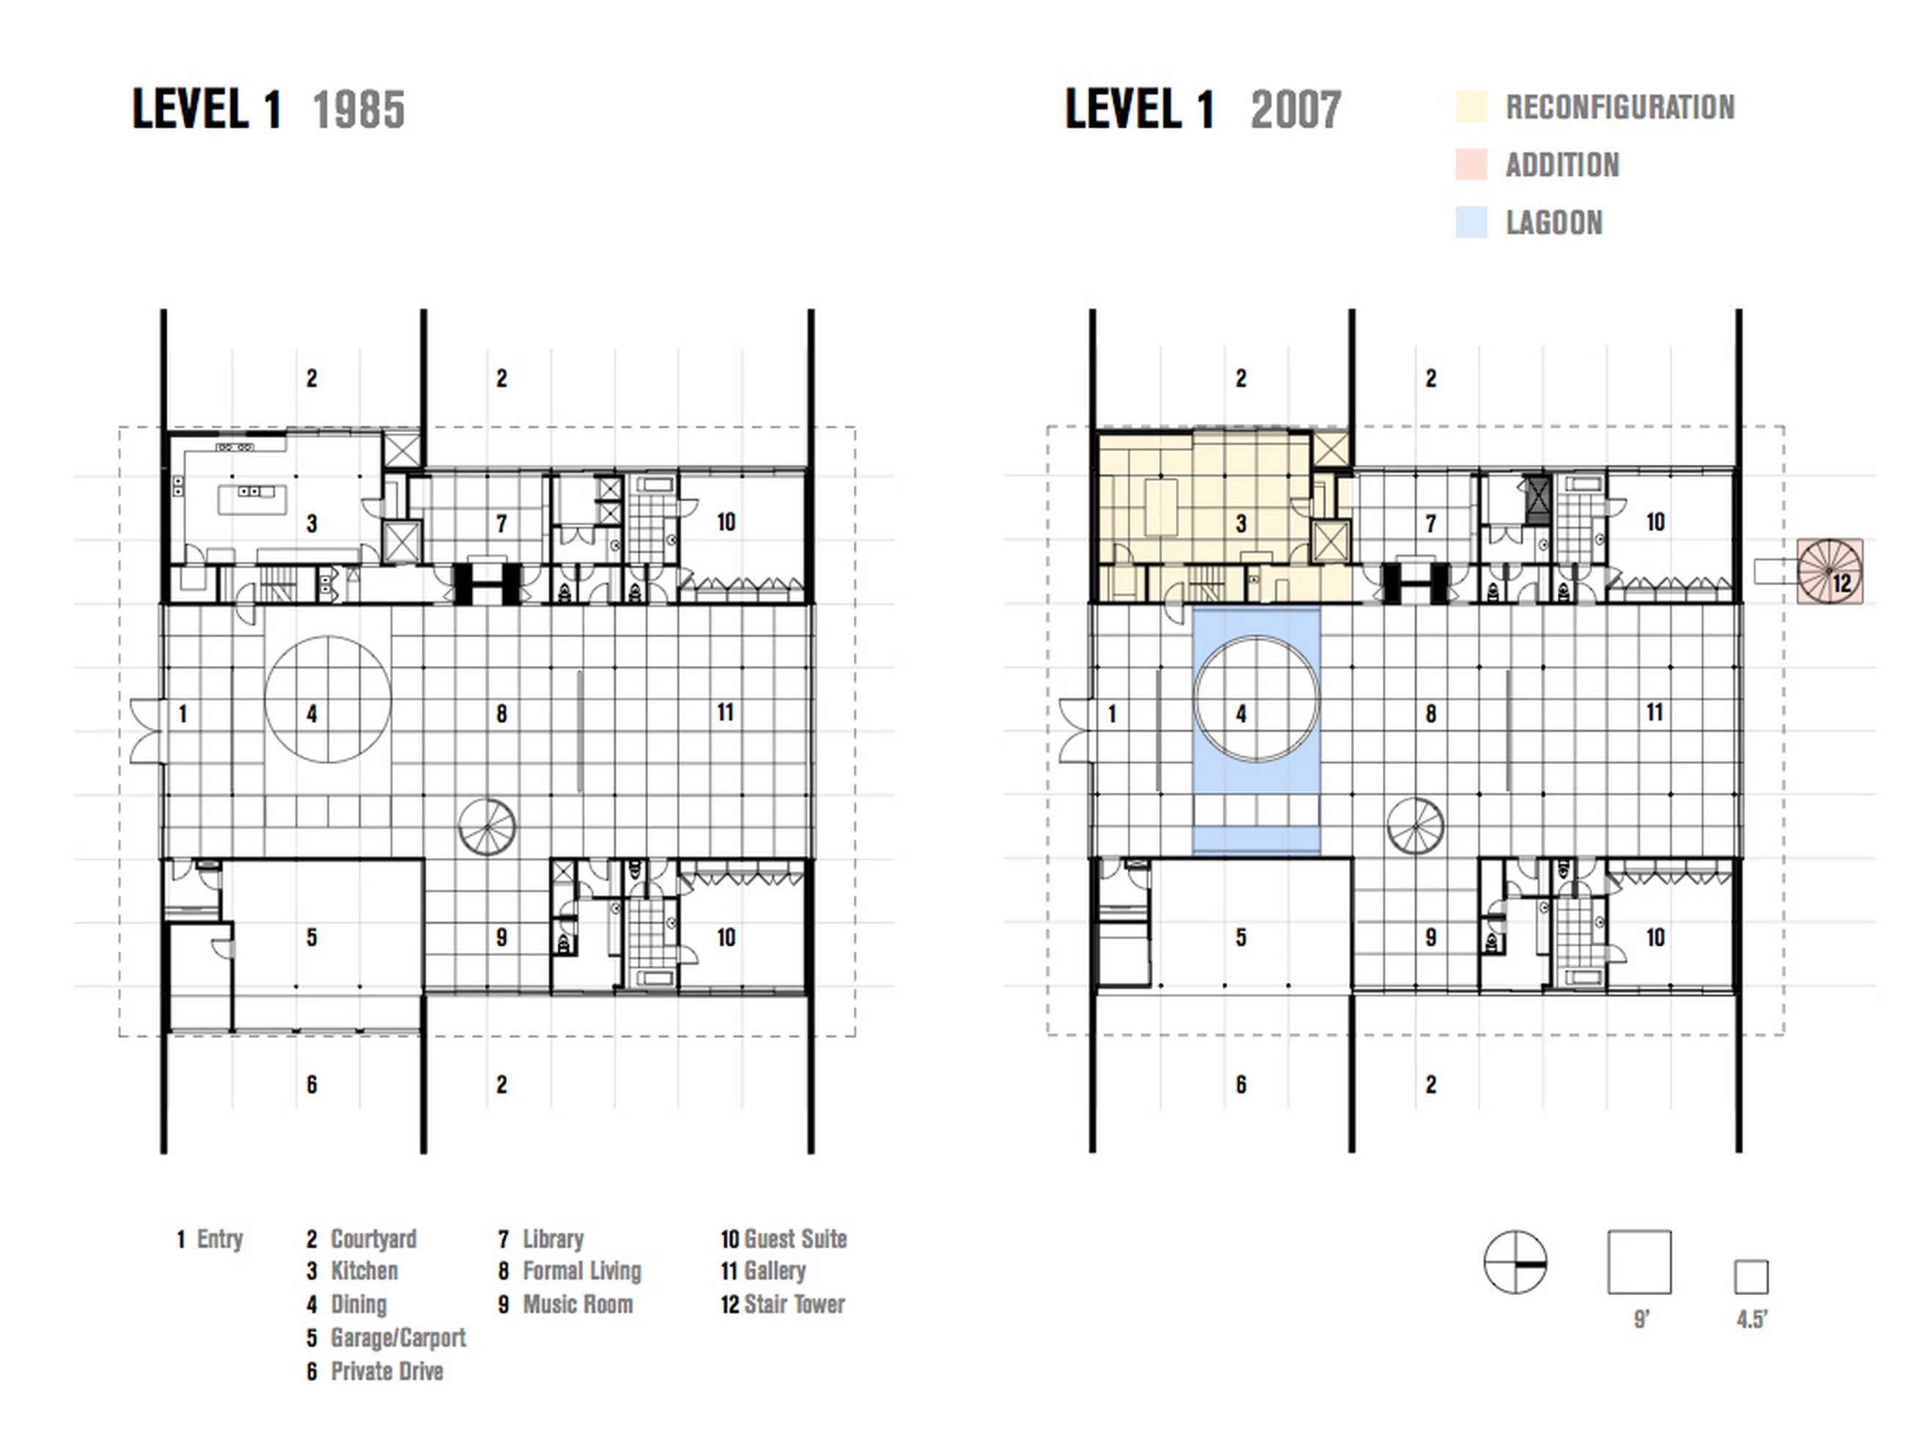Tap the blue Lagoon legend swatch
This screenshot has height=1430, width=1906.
[x=1471, y=222]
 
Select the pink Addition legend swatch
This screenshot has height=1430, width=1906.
[x=1471, y=165]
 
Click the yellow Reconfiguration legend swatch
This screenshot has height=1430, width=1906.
[x=1471, y=107]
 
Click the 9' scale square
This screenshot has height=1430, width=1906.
[x=1639, y=1262]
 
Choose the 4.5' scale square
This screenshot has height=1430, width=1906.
[x=1751, y=1277]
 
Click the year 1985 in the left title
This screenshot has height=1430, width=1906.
[x=358, y=110]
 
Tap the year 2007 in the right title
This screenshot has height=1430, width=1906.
[x=1296, y=110]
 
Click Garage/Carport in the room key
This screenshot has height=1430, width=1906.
[x=398, y=1338]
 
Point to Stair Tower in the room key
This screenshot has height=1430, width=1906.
[x=795, y=1304]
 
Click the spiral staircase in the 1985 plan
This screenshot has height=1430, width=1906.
[x=487, y=826]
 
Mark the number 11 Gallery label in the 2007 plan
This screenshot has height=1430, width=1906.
[x=1655, y=712]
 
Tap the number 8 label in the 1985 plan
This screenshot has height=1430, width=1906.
[x=501, y=714]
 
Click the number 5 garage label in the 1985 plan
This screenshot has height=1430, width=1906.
[x=312, y=937]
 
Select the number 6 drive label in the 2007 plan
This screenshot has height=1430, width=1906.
[x=1241, y=1085]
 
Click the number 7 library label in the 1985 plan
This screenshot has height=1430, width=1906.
[x=501, y=523]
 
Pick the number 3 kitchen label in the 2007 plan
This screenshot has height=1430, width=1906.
[x=1241, y=523]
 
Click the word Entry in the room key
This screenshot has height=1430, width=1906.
[x=220, y=1239]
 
